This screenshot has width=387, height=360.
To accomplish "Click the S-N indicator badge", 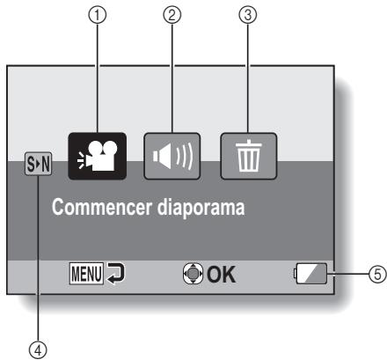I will point(37,162).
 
